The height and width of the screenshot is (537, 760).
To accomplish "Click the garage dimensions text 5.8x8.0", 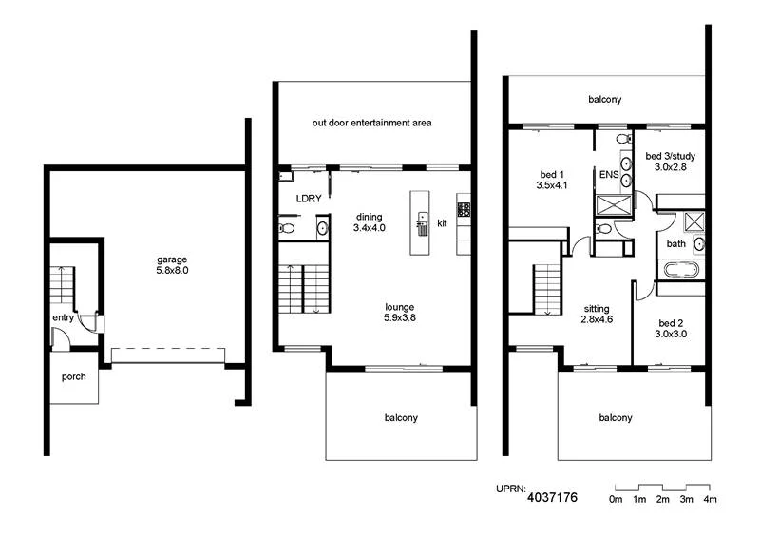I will pyautogui.click(x=172, y=270).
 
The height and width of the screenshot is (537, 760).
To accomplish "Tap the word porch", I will pyautogui.click(x=74, y=377).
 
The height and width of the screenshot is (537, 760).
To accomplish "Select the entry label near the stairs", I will pyautogui.click(x=63, y=318).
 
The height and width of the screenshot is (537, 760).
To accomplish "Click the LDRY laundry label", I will pyautogui.click(x=309, y=199).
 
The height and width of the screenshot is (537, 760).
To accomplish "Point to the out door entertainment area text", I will pyautogui.click(x=372, y=123).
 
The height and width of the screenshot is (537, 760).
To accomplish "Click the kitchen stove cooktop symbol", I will pyautogui.click(x=465, y=208).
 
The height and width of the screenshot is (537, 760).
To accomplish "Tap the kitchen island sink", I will pyautogui.click(x=422, y=220).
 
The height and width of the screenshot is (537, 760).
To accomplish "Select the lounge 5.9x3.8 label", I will pyautogui.click(x=400, y=313).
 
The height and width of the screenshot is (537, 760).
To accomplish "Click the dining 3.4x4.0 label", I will pyautogui.click(x=369, y=221).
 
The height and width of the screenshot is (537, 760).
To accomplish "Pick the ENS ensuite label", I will pyautogui.click(x=609, y=175).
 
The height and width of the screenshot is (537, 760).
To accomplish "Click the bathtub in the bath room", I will pyautogui.click(x=680, y=272).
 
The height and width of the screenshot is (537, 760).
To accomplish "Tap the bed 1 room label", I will pyautogui.click(x=552, y=181).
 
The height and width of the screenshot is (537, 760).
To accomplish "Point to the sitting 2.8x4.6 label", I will pyautogui.click(x=597, y=315).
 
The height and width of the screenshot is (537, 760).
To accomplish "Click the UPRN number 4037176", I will pyautogui.click(x=552, y=497).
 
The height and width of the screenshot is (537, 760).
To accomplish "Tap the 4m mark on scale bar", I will pyautogui.click(x=711, y=499).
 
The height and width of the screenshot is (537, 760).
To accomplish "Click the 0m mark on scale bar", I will pyautogui.click(x=616, y=499).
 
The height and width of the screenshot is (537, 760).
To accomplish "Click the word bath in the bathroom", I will pyautogui.click(x=675, y=243).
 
